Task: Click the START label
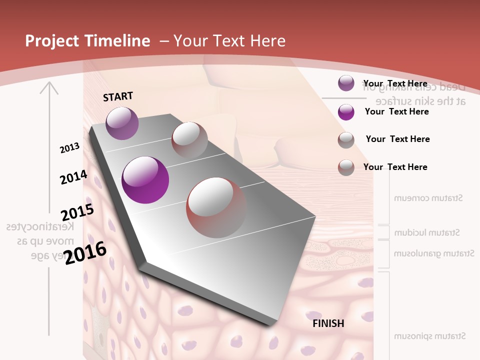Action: point(118,96)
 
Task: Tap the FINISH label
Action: point(328,323)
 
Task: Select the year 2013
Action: point(69,148)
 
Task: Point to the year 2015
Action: point(77,212)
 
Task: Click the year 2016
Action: point(85,252)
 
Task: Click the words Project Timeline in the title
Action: point(87,41)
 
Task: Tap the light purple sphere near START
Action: point(122,123)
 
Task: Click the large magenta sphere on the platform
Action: point(145,180)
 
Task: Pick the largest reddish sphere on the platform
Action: point(216,207)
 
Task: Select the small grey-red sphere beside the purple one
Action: point(189,138)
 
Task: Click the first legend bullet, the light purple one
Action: point(346,83)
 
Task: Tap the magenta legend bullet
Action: point(346,112)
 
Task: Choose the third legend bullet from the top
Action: point(346,140)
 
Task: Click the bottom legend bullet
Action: point(346,167)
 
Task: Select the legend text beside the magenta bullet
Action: point(396,111)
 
